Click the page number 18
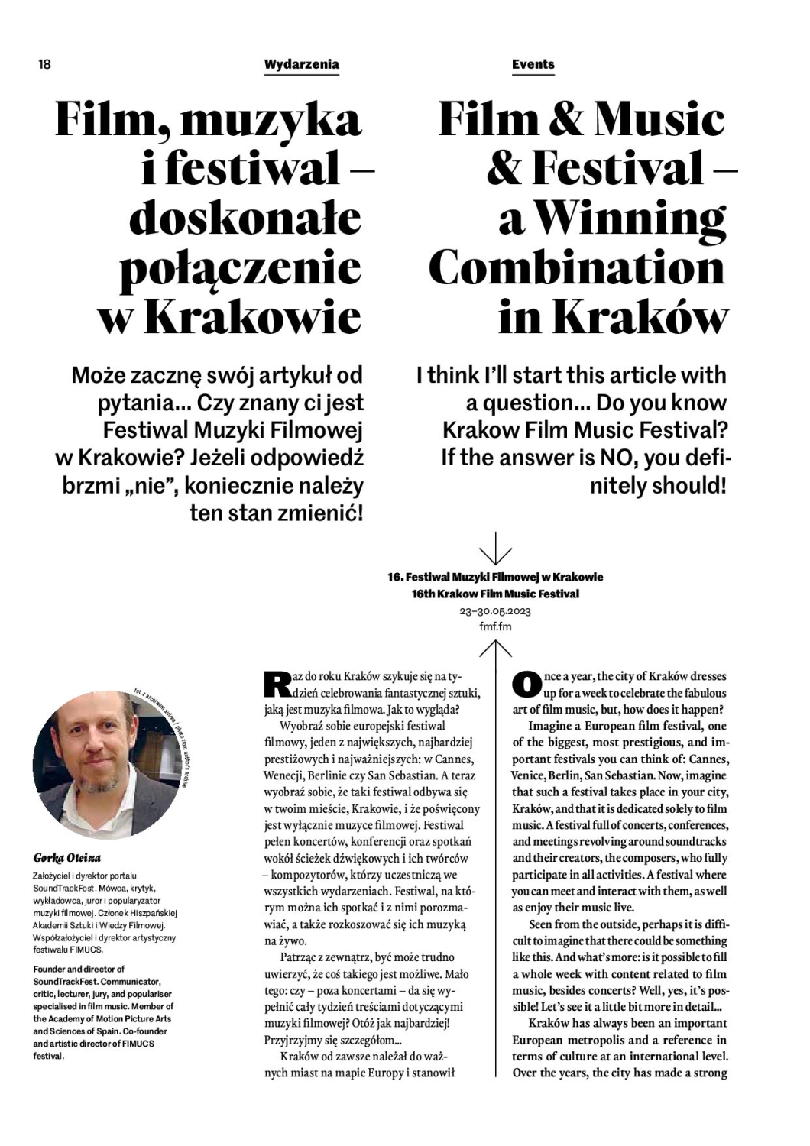[x=44, y=64]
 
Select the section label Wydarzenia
[x=301, y=64]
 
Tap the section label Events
[x=533, y=64]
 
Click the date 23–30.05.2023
[x=495, y=611]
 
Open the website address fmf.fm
[x=495, y=626]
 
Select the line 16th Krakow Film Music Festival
[x=495, y=594]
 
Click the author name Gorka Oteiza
[x=67, y=858]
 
